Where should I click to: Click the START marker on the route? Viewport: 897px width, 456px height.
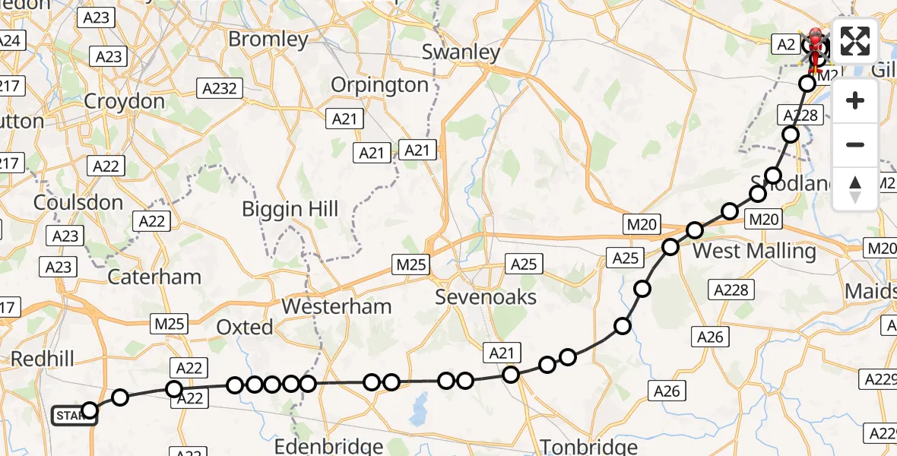click(74, 415)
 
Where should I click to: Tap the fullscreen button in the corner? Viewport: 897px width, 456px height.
click(855, 40)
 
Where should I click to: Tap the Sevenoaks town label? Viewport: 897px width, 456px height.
click(486, 297)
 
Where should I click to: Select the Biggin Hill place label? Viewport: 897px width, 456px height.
click(290, 209)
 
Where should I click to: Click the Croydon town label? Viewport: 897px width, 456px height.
click(124, 101)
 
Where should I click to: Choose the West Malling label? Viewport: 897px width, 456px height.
click(754, 251)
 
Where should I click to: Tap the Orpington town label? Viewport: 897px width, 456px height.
click(380, 84)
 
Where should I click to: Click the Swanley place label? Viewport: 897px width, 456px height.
click(461, 52)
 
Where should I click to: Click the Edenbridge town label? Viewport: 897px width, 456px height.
click(328, 445)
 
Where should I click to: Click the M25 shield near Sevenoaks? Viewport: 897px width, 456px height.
click(411, 264)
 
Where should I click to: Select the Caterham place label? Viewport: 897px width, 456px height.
click(154, 277)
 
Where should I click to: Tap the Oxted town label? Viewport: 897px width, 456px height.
click(244, 328)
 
